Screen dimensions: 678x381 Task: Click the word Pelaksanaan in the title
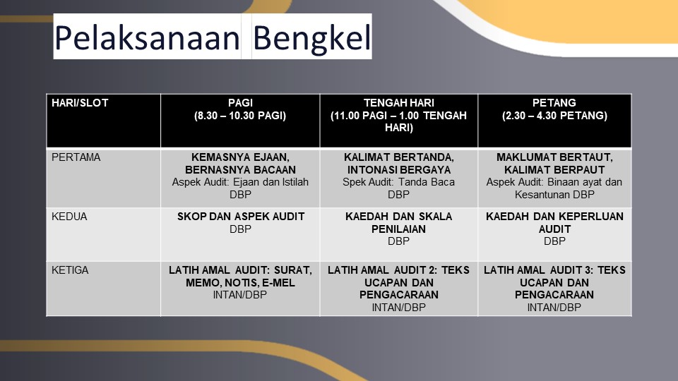(147, 37)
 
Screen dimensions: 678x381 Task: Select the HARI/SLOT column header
(103, 121)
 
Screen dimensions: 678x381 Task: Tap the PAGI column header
(240, 121)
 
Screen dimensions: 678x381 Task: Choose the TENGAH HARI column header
(398, 121)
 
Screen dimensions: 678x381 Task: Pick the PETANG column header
(554, 121)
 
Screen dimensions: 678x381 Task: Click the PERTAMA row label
(103, 178)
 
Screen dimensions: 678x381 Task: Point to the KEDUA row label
(103, 234)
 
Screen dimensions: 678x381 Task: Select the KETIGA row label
(103, 288)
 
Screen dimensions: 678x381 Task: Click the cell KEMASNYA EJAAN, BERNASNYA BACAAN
(240, 178)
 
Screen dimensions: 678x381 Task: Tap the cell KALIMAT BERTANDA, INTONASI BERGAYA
(398, 178)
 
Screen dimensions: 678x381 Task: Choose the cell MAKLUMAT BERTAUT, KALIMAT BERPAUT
(554, 178)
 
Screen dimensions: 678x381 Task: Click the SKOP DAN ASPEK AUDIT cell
(240, 234)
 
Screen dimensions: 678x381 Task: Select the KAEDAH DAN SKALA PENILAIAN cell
(398, 234)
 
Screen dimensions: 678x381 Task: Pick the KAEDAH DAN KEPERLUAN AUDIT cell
(554, 234)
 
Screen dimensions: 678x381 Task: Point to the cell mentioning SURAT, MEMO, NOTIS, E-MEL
(240, 288)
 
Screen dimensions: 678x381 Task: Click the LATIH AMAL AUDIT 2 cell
(398, 288)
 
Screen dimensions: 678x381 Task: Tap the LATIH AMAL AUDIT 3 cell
(554, 288)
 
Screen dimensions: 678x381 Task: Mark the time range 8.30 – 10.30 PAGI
(240, 116)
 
